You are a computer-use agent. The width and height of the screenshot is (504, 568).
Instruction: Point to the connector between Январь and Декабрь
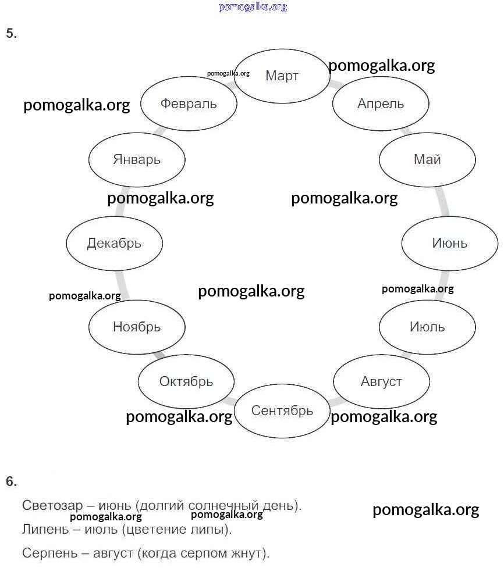[121, 201]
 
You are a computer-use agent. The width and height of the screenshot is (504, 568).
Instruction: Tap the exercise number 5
[11, 33]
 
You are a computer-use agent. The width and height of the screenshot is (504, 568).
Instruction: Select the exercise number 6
[11, 481]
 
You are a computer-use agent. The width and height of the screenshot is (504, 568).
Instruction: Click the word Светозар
[52, 505]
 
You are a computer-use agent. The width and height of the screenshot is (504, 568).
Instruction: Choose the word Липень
[45, 530]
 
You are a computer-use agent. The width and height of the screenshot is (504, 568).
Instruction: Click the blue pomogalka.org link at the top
[253, 7]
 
